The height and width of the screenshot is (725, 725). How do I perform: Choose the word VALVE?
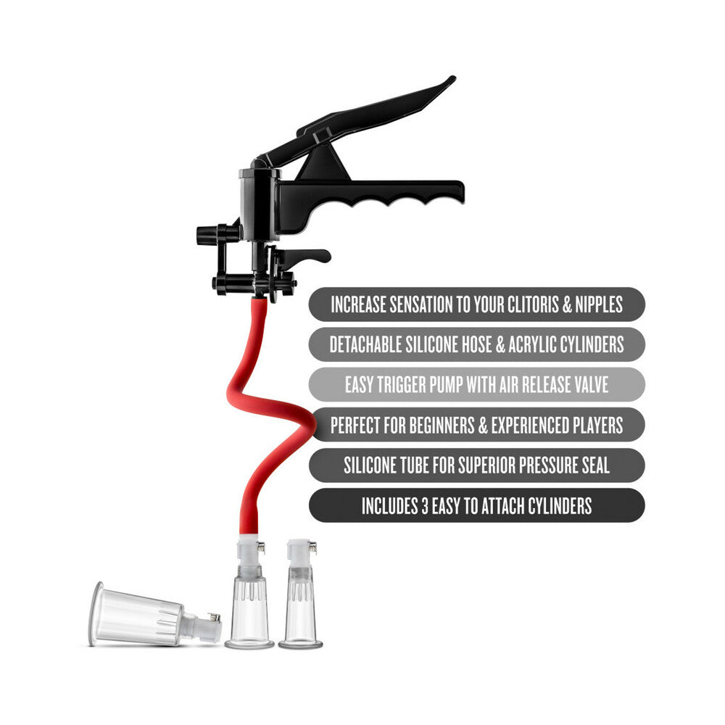(586, 384)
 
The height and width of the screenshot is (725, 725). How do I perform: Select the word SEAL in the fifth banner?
(593, 465)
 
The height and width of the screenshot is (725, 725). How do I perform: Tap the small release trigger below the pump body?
(304, 257)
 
